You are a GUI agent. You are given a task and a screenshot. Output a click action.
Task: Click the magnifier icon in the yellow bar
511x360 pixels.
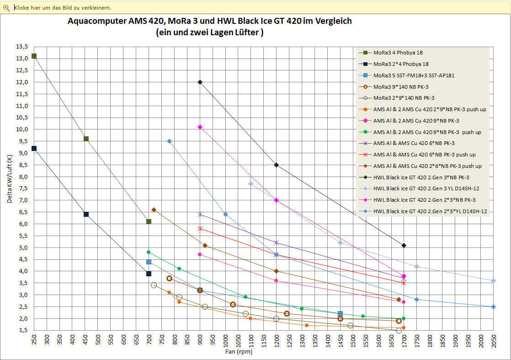pyautogui.click(x=6, y=7)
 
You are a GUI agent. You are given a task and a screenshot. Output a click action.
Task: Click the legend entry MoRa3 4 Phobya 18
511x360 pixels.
pyautogui.click(x=398, y=53)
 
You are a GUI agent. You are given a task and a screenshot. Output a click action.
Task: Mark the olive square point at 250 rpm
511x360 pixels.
pyautogui.click(x=34, y=56)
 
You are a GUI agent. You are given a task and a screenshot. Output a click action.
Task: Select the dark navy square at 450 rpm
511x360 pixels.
pyautogui.click(x=86, y=214)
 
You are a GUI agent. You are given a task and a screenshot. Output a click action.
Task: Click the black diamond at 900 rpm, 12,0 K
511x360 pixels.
pyautogui.click(x=200, y=82)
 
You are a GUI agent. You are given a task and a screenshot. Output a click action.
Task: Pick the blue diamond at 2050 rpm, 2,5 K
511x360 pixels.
pyautogui.click(x=493, y=306)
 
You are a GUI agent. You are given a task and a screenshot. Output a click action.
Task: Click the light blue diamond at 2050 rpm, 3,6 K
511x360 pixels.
pyautogui.click(x=493, y=280)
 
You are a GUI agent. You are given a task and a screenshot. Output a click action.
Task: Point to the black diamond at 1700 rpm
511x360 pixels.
pyautogui.click(x=404, y=246)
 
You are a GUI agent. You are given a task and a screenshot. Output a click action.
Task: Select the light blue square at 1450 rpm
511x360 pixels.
pyautogui.click(x=340, y=313)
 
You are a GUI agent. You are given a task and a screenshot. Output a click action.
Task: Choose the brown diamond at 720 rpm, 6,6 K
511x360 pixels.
pyautogui.click(x=154, y=210)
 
